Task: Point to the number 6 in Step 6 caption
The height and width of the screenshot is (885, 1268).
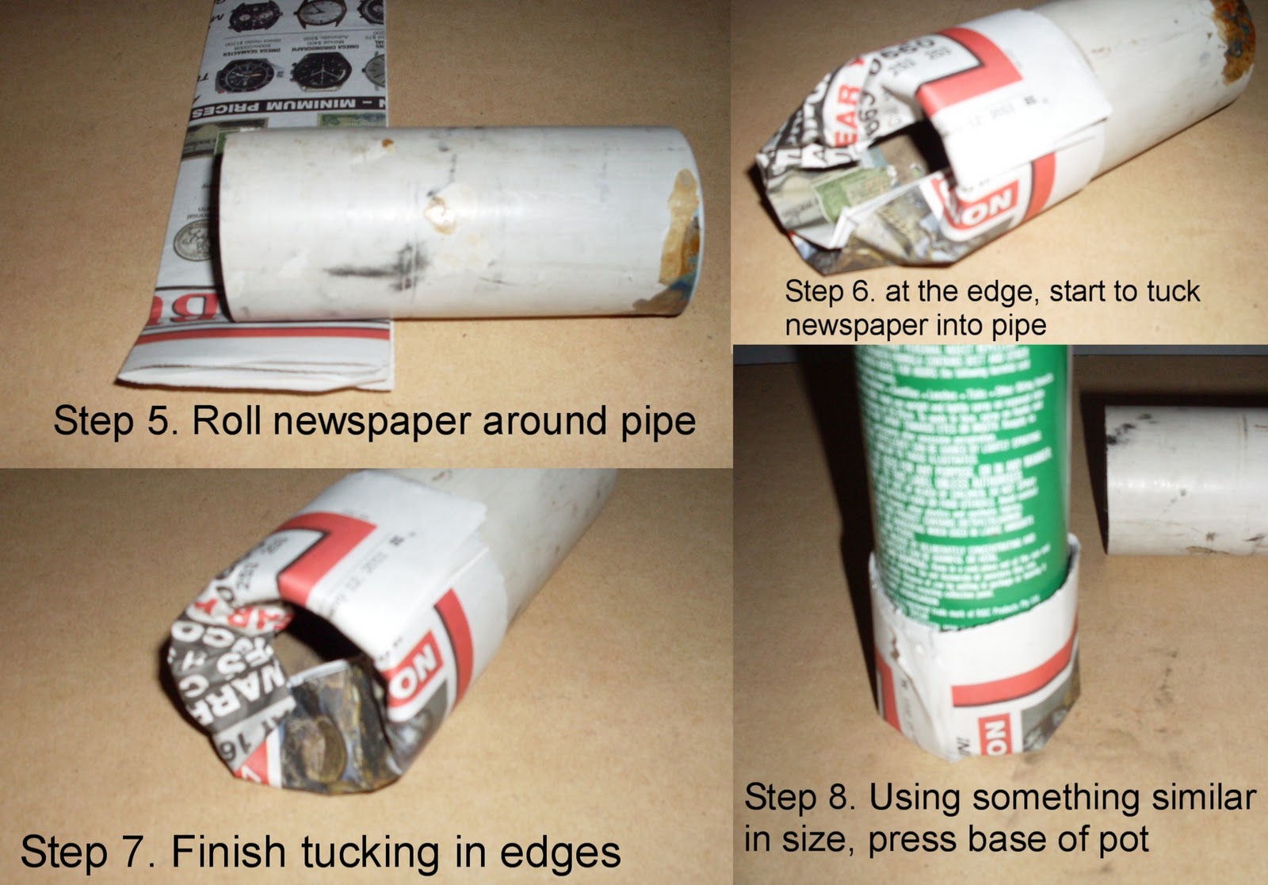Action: [x=861, y=292]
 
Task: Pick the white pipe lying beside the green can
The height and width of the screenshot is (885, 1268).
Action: [x=1185, y=480]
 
